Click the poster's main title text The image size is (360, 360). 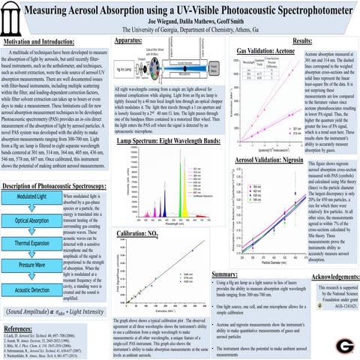180,10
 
